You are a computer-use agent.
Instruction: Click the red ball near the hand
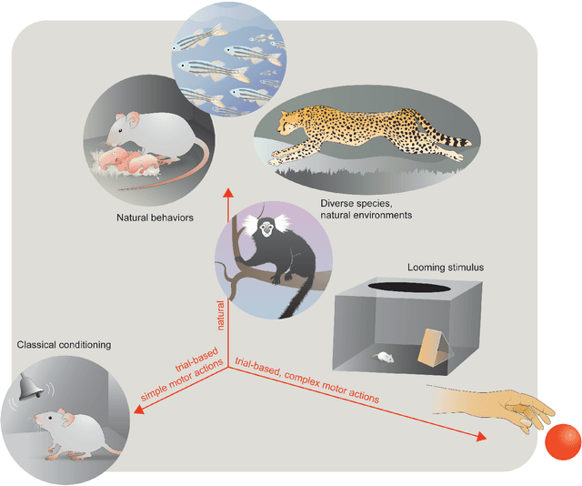562,441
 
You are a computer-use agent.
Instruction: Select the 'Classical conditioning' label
64,345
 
